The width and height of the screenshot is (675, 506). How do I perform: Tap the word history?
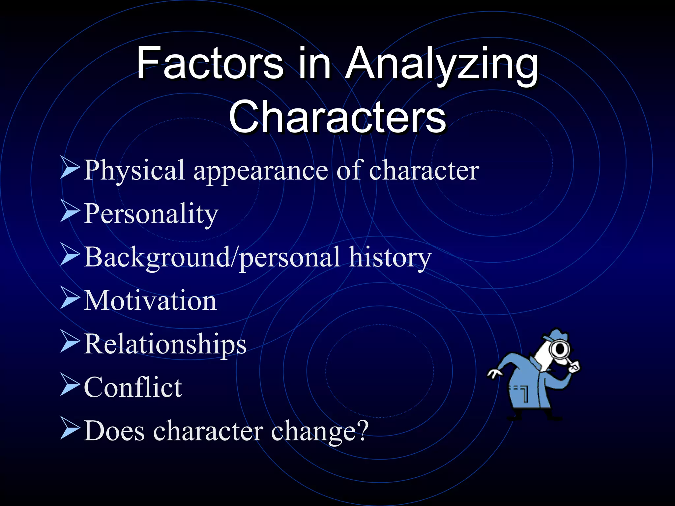(x=390, y=258)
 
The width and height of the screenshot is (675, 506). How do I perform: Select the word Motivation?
(x=150, y=300)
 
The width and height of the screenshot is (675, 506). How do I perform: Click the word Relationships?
(x=165, y=345)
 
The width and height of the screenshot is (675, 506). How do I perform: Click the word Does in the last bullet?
(x=114, y=431)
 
